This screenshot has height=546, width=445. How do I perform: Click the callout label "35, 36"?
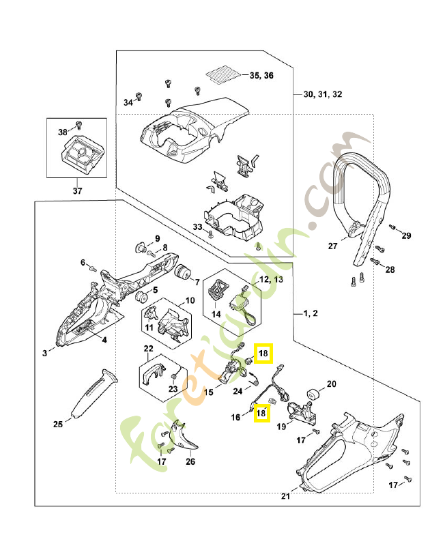point(261,75)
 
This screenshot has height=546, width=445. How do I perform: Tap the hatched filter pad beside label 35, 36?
point(225,72)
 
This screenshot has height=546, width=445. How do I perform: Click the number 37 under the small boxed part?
point(76,190)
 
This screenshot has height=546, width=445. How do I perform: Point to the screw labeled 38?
point(77,124)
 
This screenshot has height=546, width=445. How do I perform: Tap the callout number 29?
point(407,236)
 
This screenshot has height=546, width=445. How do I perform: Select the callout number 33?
point(197,226)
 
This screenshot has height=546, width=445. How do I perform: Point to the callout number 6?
point(83,262)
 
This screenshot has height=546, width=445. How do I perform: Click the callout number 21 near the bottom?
point(285,496)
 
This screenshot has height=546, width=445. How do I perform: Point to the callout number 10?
point(190,300)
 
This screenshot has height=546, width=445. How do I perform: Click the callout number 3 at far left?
point(44,352)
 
